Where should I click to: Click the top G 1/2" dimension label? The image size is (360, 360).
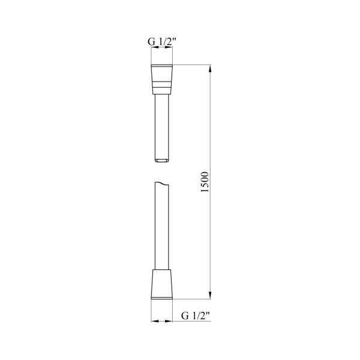tap(161, 42)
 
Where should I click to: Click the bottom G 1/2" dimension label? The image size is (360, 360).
tap(196, 316)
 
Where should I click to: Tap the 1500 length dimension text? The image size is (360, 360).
tap(205, 182)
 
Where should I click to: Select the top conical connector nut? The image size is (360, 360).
tap(161, 79)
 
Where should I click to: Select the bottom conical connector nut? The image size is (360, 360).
tap(161, 284)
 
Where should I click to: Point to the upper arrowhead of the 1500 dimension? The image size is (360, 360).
tap(211, 68)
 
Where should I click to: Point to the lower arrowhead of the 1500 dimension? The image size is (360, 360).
tap(211, 295)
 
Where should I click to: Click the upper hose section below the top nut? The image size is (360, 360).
tap(161, 128)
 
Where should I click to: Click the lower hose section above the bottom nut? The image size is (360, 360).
tap(161, 226)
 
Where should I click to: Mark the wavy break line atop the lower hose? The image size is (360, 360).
tap(161, 183)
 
